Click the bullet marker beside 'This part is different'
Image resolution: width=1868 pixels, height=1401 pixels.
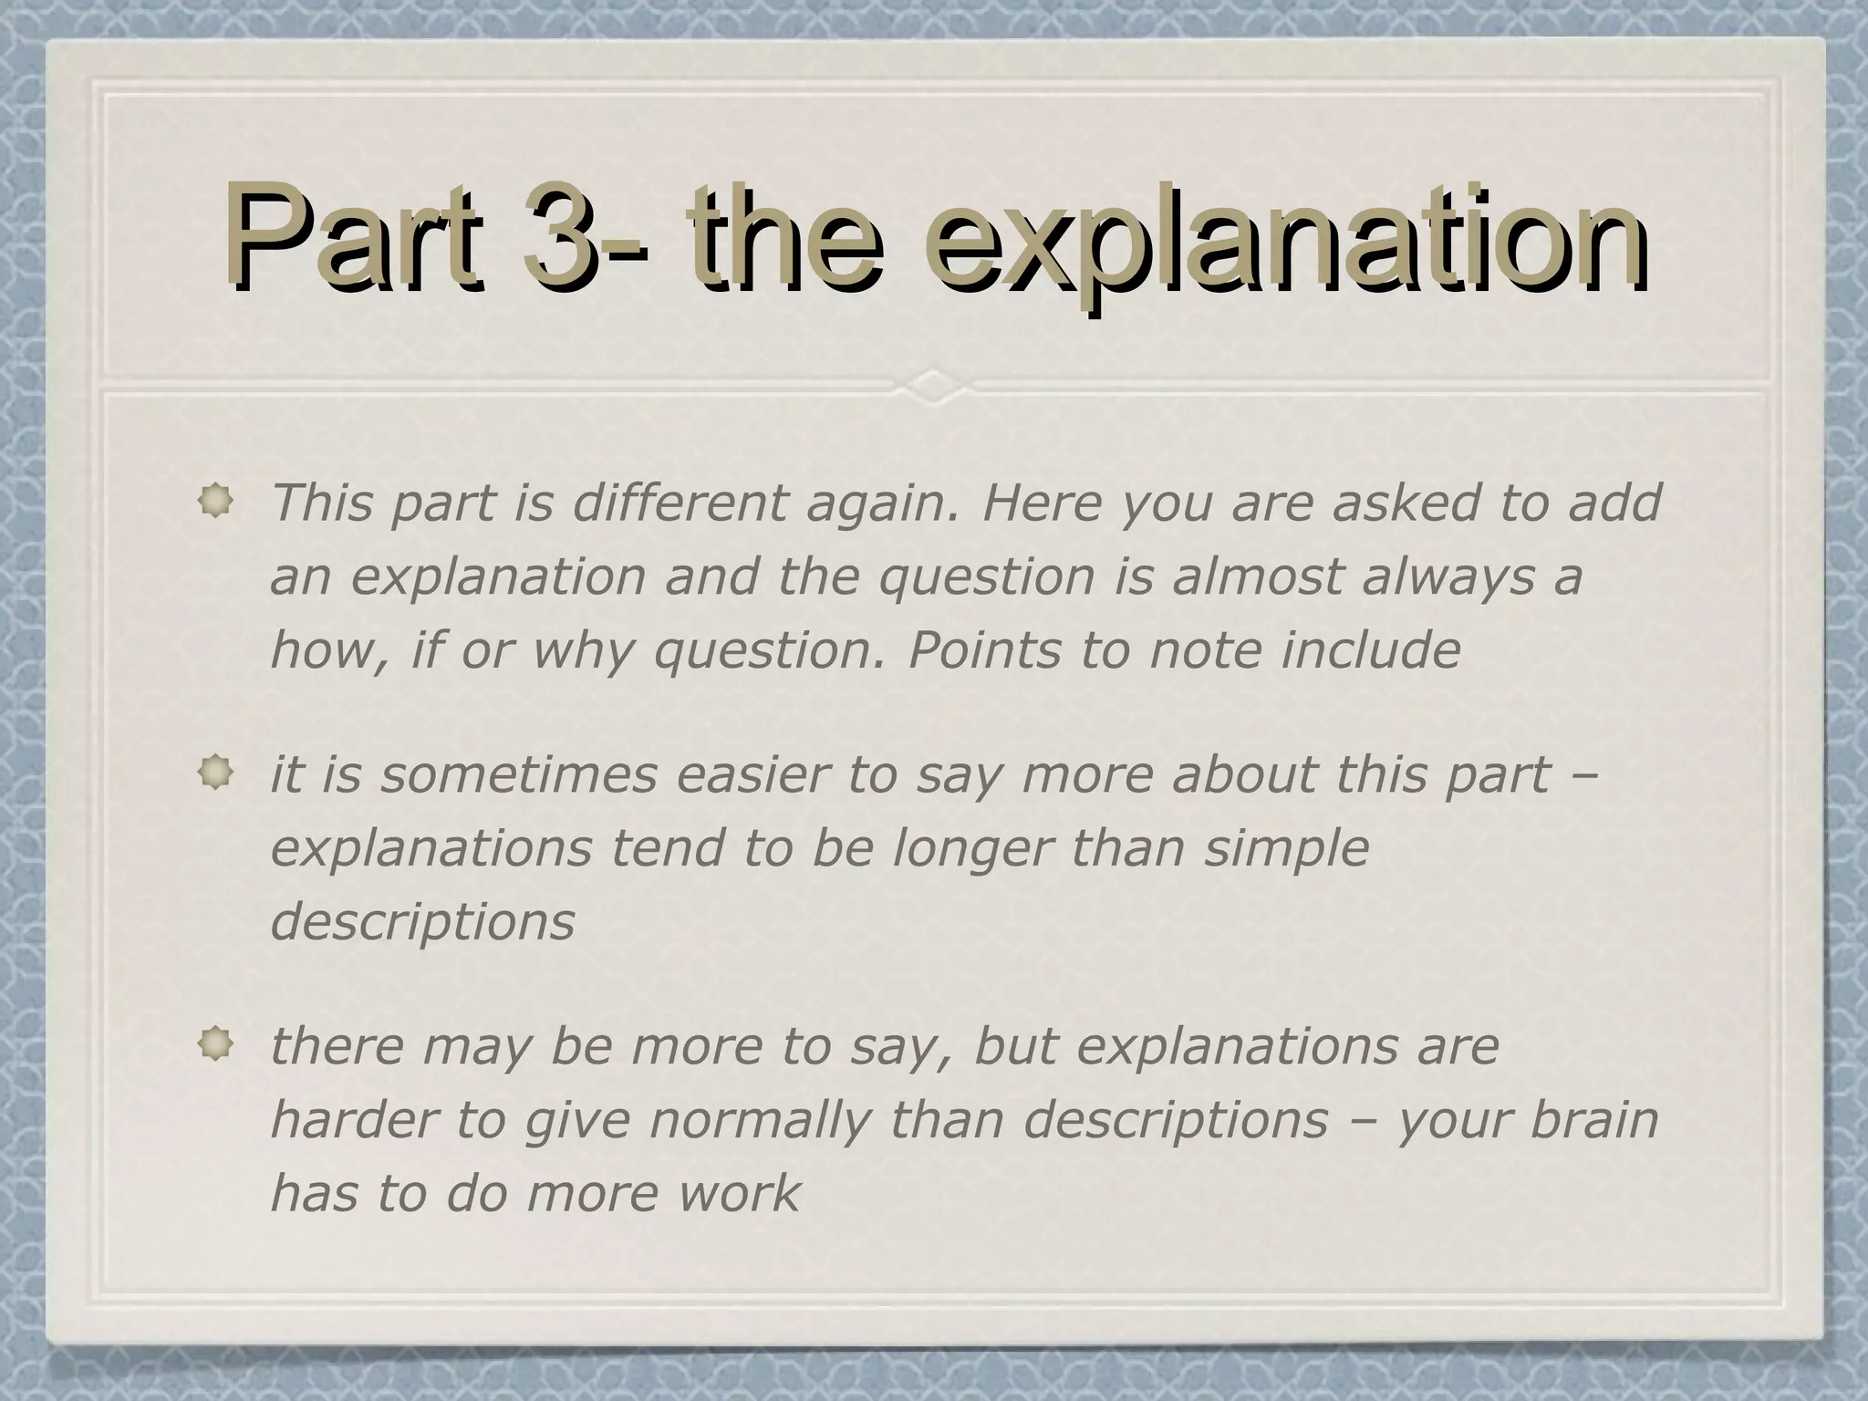216,502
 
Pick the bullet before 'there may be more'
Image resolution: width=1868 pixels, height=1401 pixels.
216,1045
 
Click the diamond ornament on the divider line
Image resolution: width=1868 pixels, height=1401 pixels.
933,385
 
